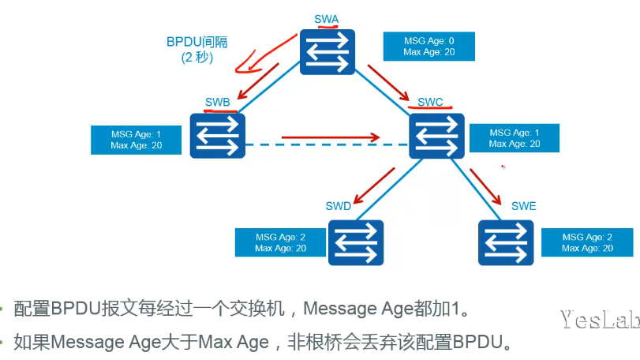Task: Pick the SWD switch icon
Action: pos(356,242)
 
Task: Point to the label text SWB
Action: pos(218,101)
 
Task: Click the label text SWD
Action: pos(338,206)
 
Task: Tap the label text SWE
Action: pos(523,206)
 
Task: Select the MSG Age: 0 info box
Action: pos(429,47)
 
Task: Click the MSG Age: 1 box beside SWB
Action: pos(137,140)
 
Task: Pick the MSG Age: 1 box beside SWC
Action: pos(515,139)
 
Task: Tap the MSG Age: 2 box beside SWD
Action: pos(280,242)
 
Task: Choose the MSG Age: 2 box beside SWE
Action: pos(587,242)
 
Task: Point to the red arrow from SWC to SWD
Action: pos(374,188)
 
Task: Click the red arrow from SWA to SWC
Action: pos(391,85)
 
